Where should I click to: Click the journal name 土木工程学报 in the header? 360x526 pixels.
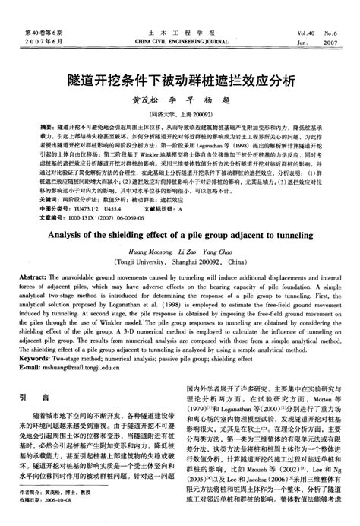[181, 35]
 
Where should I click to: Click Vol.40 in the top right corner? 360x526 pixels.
[307, 35]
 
